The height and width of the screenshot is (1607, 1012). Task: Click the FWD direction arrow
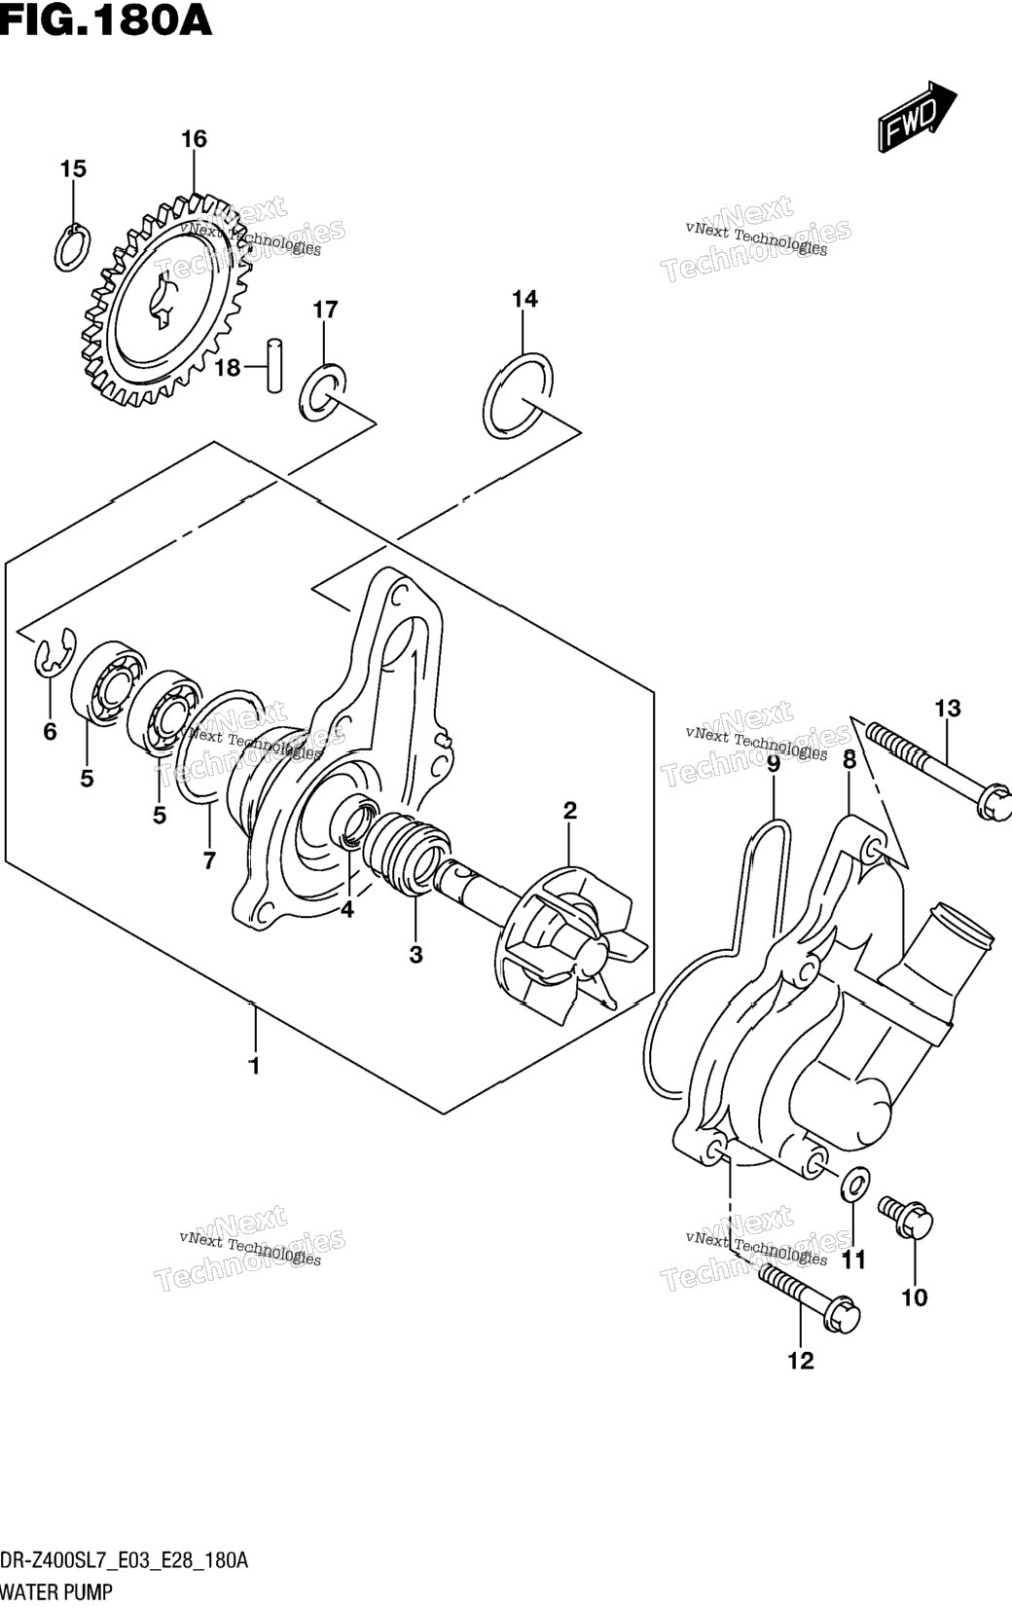(x=918, y=116)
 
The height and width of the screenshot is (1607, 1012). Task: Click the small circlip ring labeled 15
(x=72, y=248)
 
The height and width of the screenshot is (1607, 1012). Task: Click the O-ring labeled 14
(x=518, y=395)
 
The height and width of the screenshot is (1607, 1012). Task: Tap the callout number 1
(x=254, y=1086)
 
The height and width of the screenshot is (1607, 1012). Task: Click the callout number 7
(x=208, y=859)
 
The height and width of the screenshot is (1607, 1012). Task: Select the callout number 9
(x=774, y=765)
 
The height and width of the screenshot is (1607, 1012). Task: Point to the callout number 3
(x=416, y=954)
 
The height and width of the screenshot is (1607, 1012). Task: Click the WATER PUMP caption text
(x=56, y=1592)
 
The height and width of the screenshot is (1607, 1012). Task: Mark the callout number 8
(x=849, y=760)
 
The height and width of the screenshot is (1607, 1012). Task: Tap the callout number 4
(x=347, y=909)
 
